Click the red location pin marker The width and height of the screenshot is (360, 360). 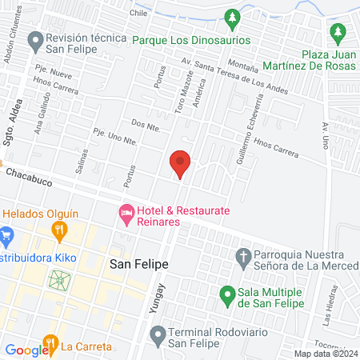pyautogui.click(x=181, y=163)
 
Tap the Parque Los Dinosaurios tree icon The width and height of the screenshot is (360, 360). pyautogui.click(x=232, y=17)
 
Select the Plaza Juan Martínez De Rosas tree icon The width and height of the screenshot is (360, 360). pyautogui.click(x=338, y=33)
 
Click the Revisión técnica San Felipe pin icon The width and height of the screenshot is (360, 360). pyautogui.click(x=34, y=39)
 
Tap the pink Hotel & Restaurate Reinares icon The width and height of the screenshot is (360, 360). pyautogui.click(x=126, y=214)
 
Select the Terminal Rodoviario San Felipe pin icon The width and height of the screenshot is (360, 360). pyautogui.click(x=157, y=332)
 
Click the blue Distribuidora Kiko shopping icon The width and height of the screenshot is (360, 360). pyautogui.click(x=7, y=236)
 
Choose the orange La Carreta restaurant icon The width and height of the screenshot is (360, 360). pyautogui.click(x=50, y=346)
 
